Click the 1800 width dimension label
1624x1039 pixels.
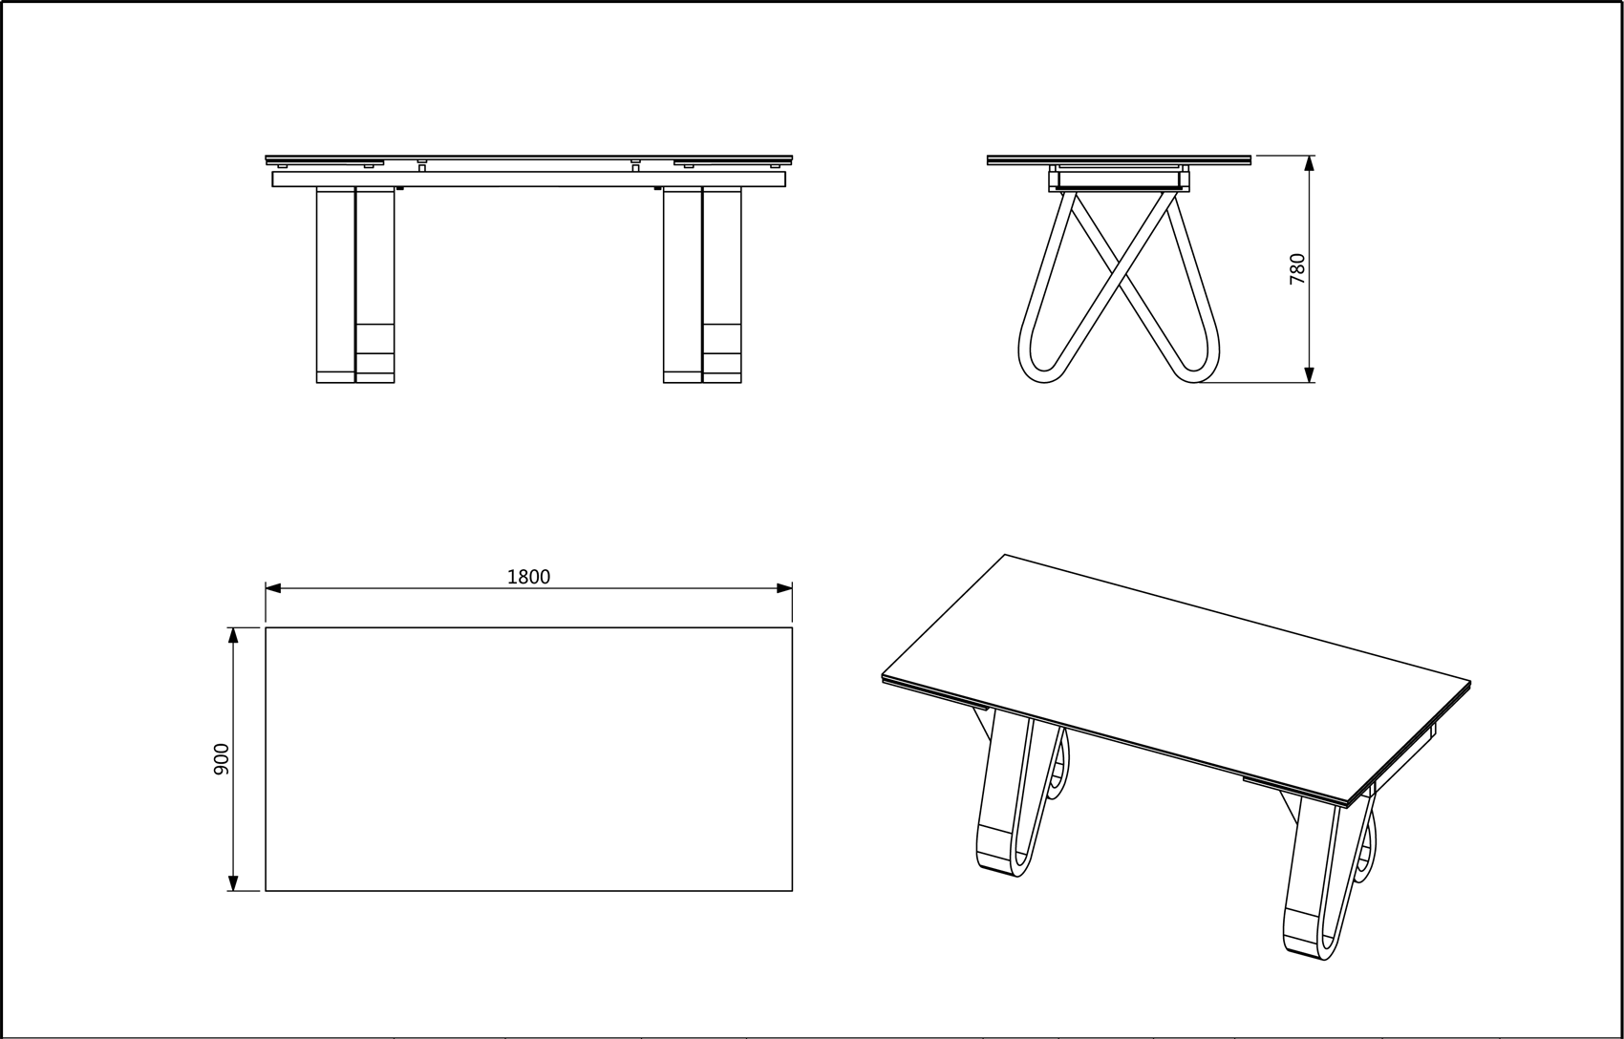[528, 577]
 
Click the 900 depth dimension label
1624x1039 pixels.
[222, 759]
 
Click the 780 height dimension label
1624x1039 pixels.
[1297, 268]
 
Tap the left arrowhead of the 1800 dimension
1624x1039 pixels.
[273, 588]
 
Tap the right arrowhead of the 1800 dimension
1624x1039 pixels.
[784, 588]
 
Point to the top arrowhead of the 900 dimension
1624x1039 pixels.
[233, 635]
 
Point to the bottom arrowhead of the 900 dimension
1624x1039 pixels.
[233, 883]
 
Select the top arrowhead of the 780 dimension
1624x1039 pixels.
[1310, 163]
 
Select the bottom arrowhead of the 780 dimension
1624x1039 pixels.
[1310, 374]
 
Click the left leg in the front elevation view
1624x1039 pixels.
[355, 285]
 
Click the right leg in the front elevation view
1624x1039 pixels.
[702, 285]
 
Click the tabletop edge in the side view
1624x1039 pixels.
[1120, 160]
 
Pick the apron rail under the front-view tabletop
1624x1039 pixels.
[529, 179]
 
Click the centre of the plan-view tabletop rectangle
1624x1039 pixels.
[528, 759]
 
